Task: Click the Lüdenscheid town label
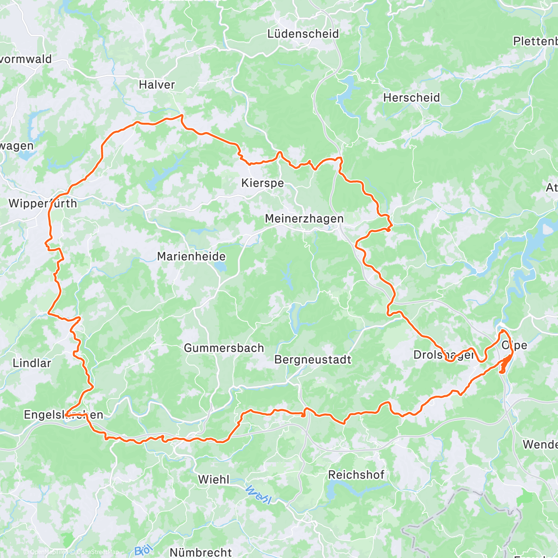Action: [x=303, y=34]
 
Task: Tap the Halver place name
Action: [x=157, y=85]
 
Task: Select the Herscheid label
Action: [x=411, y=98]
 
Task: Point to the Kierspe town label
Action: [x=262, y=183]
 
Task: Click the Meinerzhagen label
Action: [x=304, y=219]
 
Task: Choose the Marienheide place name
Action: [x=191, y=256]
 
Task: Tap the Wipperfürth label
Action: [x=42, y=203]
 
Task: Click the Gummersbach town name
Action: [x=224, y=348]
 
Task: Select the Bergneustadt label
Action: [x=312, y=359]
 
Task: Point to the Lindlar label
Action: [x=32, y=363]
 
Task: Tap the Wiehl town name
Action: [x=213, y=479]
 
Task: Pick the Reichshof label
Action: [x=356, y=475]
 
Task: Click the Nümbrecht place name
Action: [x=200, y=552]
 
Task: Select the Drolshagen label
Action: [x=444, y=355]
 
